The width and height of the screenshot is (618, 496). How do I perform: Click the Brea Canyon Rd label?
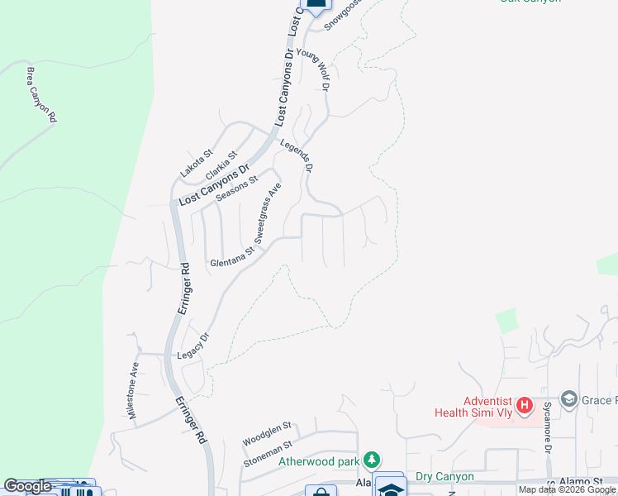pyautogui.click(x=40, y=95)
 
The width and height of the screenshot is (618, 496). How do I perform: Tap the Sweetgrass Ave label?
pyautogui.click(x=269, y=212)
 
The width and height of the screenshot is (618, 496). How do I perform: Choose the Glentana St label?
pyautogui.click(x=232, y=261)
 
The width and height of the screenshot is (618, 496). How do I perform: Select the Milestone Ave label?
pyautogui.click(x=134, y=388)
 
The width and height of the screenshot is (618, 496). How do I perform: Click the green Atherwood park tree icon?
pyautogui.click(x=373, y=459)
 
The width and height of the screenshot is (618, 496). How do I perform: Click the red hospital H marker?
pyautogui.click(x=523, y=407)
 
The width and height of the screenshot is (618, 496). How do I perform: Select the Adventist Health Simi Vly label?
pyautogui.click(x=474, y=407)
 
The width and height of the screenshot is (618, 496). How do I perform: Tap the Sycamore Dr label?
pyautogui.click(x=547, y=426)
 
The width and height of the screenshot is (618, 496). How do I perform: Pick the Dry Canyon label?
pyautogui.click(x=444, y=476)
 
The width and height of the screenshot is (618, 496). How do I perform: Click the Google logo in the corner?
pyautogui.click(x=26, y=486)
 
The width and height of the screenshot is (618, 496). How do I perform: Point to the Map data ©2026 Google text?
pyautogui.click(x=567, y=490)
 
